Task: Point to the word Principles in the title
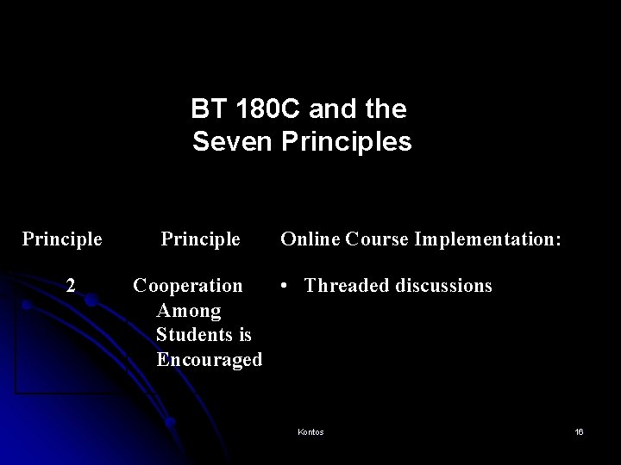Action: tap(344, 142)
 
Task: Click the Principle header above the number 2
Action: tap(62, 238)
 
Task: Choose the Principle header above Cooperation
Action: tap(200, 238)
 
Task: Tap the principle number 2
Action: tap(72, 285)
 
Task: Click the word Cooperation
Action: tap(188, 285)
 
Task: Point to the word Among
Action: tap(189, 310)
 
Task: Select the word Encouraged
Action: tap(209, 360)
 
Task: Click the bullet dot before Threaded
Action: tap(286, 285)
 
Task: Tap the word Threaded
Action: tap(345, 285)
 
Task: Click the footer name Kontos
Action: tap(310, 431)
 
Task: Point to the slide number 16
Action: tap(579, 431)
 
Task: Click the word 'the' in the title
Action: tap(387, 110)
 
